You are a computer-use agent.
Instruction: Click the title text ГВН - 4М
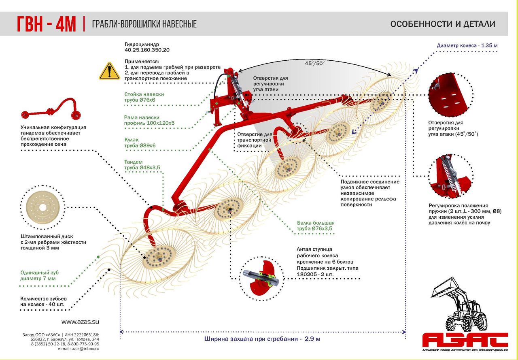tap(46, 24)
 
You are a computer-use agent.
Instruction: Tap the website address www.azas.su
tap(80, 322)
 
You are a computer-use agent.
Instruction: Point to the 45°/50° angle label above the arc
tap(315, 63)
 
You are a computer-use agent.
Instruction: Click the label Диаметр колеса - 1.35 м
tap(467, 45)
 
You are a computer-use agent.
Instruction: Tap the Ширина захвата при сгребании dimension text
tap(262, 339)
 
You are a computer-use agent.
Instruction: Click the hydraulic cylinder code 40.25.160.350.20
tap(147, 50)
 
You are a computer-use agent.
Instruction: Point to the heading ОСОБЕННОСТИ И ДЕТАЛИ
tap(442, 24)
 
